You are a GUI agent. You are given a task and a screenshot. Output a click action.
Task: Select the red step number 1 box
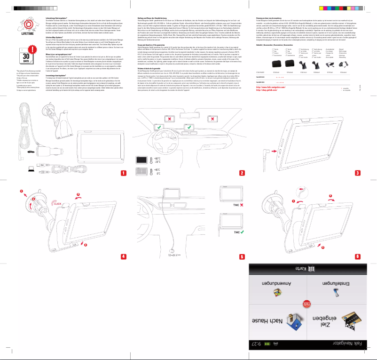[x=124, y=173]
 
